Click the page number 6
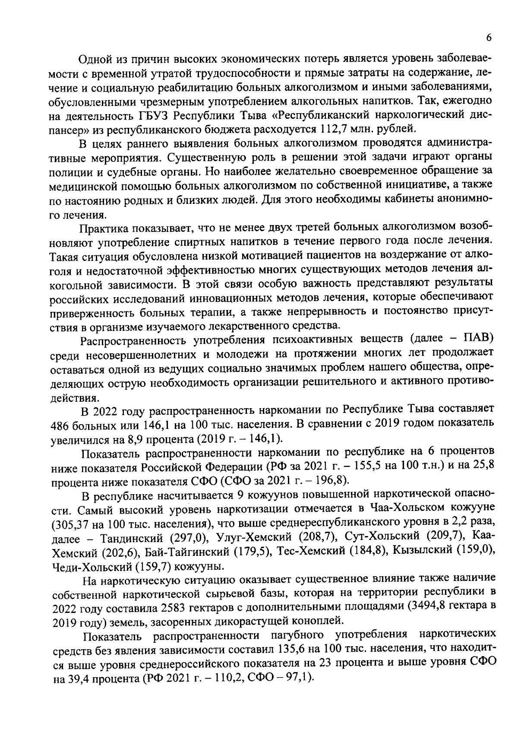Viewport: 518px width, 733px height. pos(489,38)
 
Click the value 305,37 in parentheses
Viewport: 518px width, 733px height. pos(70,524)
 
